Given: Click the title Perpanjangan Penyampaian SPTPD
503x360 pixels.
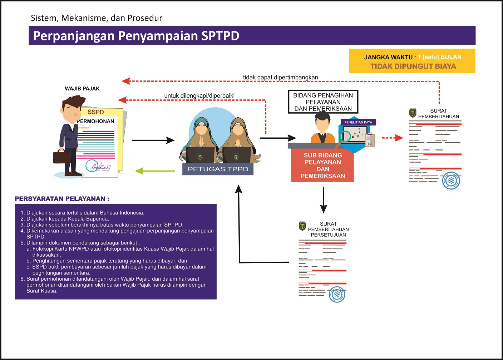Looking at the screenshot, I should pos(136,36).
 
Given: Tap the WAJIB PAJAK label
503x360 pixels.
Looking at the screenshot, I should pos(82,89).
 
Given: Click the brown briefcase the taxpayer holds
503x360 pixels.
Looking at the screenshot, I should pos(61,157).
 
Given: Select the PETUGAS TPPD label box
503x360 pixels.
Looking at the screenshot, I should pos(218,169).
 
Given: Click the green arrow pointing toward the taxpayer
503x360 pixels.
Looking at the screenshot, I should pos(154,171).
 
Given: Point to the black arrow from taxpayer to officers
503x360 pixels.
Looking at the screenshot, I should pos(153,140).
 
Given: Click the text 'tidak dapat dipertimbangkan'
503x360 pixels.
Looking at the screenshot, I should pos(280,77).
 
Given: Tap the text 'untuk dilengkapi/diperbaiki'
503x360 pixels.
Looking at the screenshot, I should pos(199,96).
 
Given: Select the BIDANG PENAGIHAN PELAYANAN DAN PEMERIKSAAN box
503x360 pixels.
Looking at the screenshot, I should pos(323,102).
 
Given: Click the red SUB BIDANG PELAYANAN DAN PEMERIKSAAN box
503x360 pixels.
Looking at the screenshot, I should pos(322,166).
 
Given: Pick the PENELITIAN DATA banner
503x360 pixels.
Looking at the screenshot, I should pos(358,122).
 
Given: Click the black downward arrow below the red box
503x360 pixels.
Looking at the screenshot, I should pos(324,200).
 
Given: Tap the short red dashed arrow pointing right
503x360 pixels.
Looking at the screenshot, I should pos(392,138).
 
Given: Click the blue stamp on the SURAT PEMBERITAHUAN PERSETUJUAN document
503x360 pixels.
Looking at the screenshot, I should pos(336,295).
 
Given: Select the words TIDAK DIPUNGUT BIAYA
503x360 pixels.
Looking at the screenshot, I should pos(413,66).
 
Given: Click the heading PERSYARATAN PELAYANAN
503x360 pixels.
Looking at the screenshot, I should pos(62,199).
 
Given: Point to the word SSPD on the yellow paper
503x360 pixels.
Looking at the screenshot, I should pos(95,112).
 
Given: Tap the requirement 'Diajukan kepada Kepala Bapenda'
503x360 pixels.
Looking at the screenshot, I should pos(68,219).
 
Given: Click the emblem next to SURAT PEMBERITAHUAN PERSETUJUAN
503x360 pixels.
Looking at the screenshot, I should pos(302,226).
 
